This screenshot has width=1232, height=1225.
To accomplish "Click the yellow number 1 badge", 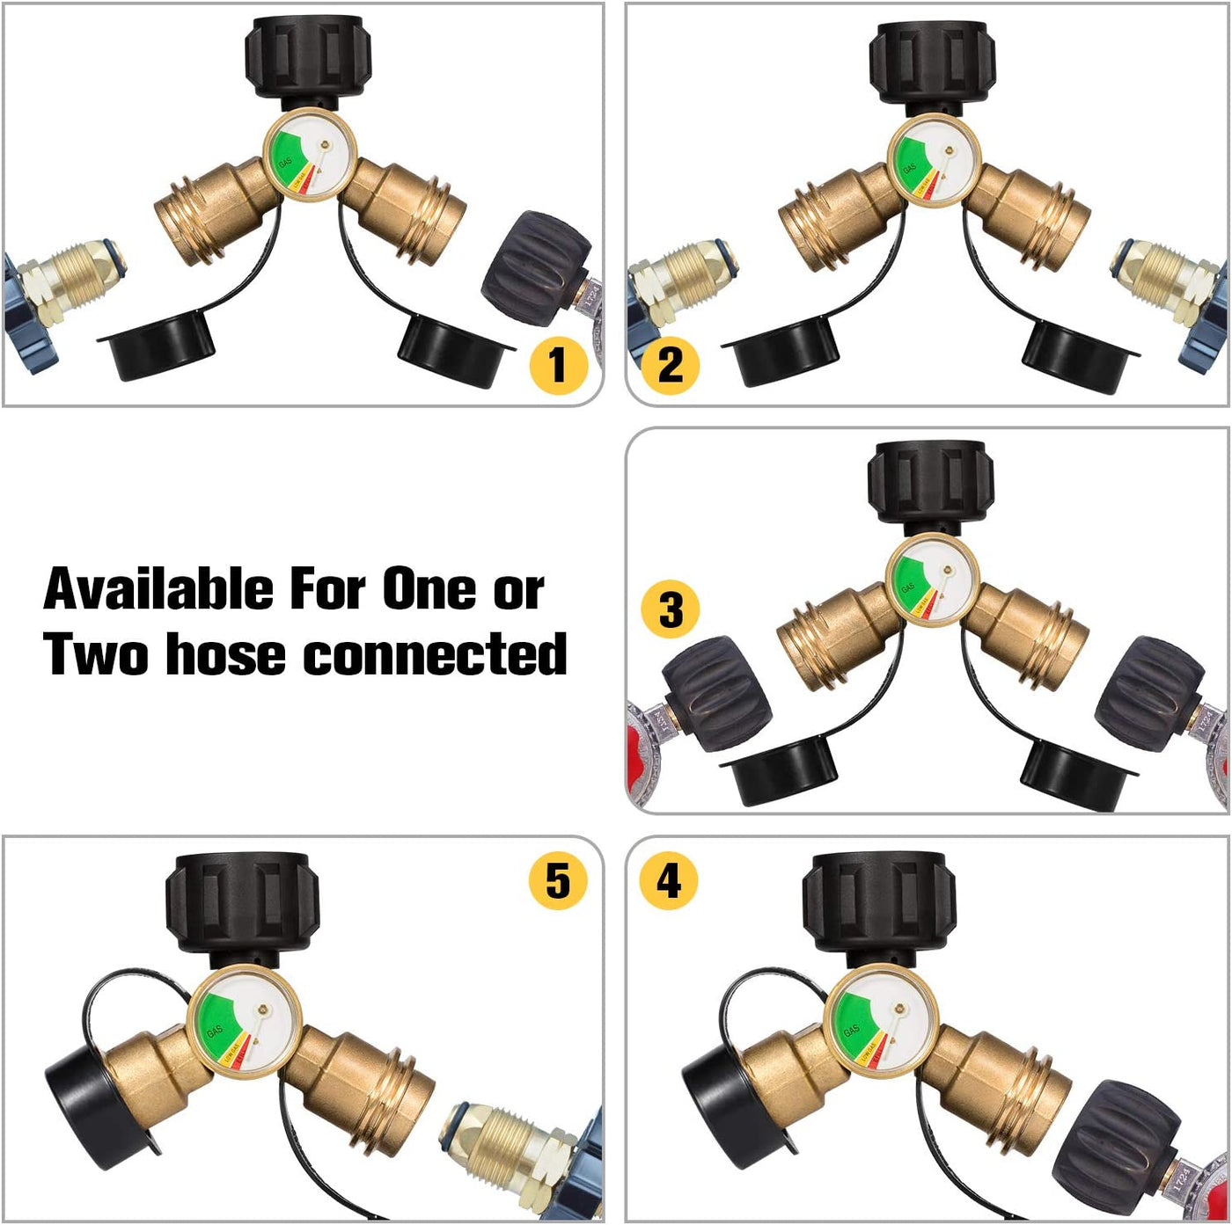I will tap(557, 365).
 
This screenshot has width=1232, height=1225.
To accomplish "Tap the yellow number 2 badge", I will tap(670, 365).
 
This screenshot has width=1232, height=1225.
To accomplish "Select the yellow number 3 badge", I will tap(670, 609).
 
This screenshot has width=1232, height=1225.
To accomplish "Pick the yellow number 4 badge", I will tap(668, 880).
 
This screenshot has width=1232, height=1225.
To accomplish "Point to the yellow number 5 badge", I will tap(557, 880).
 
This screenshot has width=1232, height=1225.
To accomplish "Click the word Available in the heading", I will tap(158, 588).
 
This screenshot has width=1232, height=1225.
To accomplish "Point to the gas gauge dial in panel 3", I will tap(931, 581).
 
